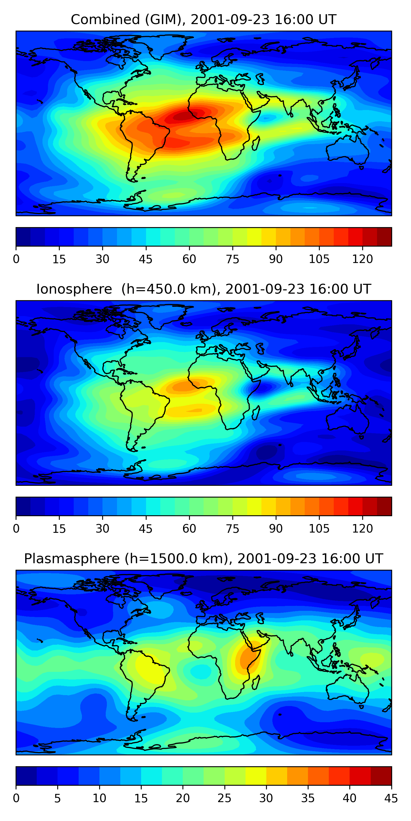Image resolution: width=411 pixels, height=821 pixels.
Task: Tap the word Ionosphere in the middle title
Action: [x=74, y=289]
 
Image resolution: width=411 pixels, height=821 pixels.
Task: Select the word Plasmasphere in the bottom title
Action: [x=72, y=559]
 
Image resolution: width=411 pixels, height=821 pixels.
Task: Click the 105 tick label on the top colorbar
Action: [x=319, y=259]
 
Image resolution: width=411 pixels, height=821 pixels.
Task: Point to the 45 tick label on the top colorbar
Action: [x=145, y=259]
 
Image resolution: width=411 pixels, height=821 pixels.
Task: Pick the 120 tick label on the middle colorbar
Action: [x=362, y=529]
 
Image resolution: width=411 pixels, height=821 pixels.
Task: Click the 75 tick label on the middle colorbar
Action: [x=232, y=529]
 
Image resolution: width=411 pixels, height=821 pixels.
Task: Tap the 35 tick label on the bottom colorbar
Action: [x=308, y=798]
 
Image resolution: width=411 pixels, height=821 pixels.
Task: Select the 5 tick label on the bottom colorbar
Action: [x=58, y=798]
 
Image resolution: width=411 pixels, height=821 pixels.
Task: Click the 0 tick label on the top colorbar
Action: [x=16, y=259]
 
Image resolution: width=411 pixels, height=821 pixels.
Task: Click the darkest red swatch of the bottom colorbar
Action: [x=381, y=776]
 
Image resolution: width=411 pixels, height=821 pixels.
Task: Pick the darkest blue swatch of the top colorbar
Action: [x=23, y=237]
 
